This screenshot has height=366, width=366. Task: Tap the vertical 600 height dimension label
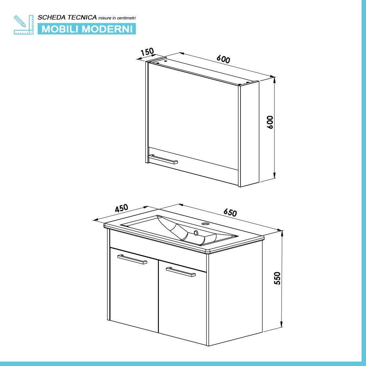(x=270, y=122)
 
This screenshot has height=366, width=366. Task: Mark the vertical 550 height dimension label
(x=277, y=278)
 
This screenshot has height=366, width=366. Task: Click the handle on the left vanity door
(x=132, y=259)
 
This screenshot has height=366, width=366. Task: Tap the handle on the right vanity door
(x=180, y=272)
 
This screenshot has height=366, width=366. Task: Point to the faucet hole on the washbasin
(x=205, y=223)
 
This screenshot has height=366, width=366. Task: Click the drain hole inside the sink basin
(x=196, y=232)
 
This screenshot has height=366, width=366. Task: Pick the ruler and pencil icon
(x=23, y=25)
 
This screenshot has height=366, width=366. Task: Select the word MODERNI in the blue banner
(x=108, y=29)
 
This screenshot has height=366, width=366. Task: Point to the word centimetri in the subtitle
(x=128, y=18)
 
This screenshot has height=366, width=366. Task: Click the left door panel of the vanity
(x=134, y=291)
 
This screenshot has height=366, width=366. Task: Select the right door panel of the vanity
(x=182, y=304)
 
